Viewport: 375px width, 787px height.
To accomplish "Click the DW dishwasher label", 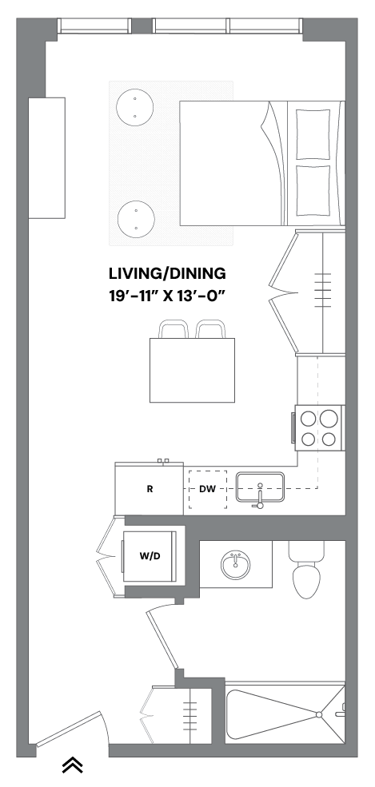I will point(207,490).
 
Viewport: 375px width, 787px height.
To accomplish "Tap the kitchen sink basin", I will point(260,487).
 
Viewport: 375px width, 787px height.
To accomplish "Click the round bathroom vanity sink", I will point(235,564).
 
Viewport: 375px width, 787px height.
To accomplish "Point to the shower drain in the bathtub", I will point(318,714).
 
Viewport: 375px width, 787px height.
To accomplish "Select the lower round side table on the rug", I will point(136,219).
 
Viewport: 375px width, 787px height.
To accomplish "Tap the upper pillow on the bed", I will point(313,134).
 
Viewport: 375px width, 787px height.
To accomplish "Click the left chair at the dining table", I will point(174,329).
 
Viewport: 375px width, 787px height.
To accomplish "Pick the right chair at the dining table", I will point(210,329).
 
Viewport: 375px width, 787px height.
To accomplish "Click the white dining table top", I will point(192,371).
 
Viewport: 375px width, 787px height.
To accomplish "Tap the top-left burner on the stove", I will point(309,418).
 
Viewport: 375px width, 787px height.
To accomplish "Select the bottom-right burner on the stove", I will point(329,439).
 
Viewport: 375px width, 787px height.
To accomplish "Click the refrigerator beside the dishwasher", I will point(149,489).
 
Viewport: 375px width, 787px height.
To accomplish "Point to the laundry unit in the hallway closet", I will point(150,556).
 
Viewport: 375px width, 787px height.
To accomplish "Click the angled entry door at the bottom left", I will point(69,729).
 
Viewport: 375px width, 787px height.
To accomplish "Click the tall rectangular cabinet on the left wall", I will point(46,157).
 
